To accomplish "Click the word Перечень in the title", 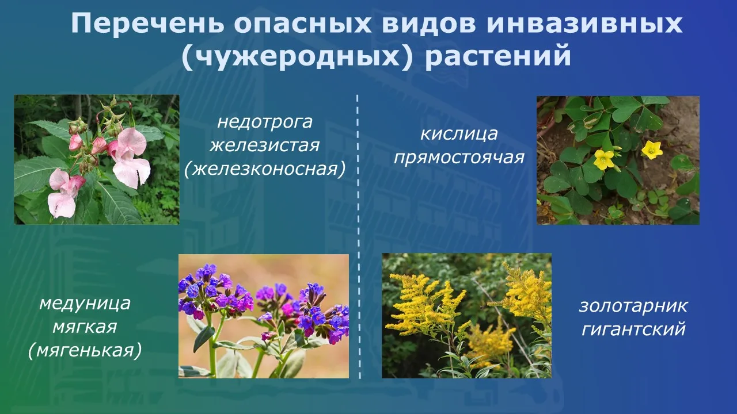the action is (147, 24).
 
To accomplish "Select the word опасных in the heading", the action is (303, 24).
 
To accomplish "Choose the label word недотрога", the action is (265, 122).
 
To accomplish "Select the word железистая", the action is (264, 145).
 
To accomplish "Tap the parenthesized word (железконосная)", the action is (265, 169).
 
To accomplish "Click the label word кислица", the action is (459, 134).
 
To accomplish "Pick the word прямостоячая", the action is (459, 158).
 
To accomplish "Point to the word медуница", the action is (85, 304).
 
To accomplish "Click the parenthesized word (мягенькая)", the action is (85, 351).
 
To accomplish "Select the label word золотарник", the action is (633, 306).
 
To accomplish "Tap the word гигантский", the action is (633, 329).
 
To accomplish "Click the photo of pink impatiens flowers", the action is (97, 160).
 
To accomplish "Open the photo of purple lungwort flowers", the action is (264, 316).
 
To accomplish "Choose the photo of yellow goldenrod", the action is (466, 316).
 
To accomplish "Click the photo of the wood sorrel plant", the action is (618, 160).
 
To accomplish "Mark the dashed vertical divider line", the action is (359, 236).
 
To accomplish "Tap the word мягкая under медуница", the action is (85, 327).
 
